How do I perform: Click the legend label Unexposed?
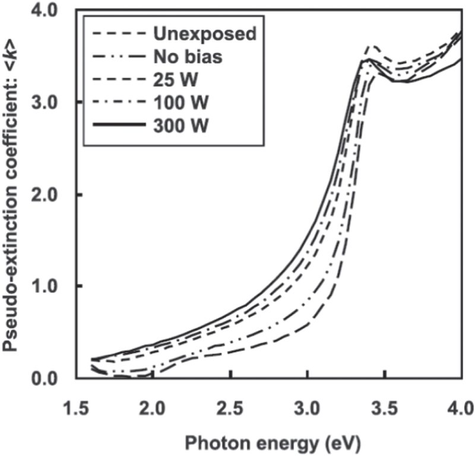click(x=204, y=33)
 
